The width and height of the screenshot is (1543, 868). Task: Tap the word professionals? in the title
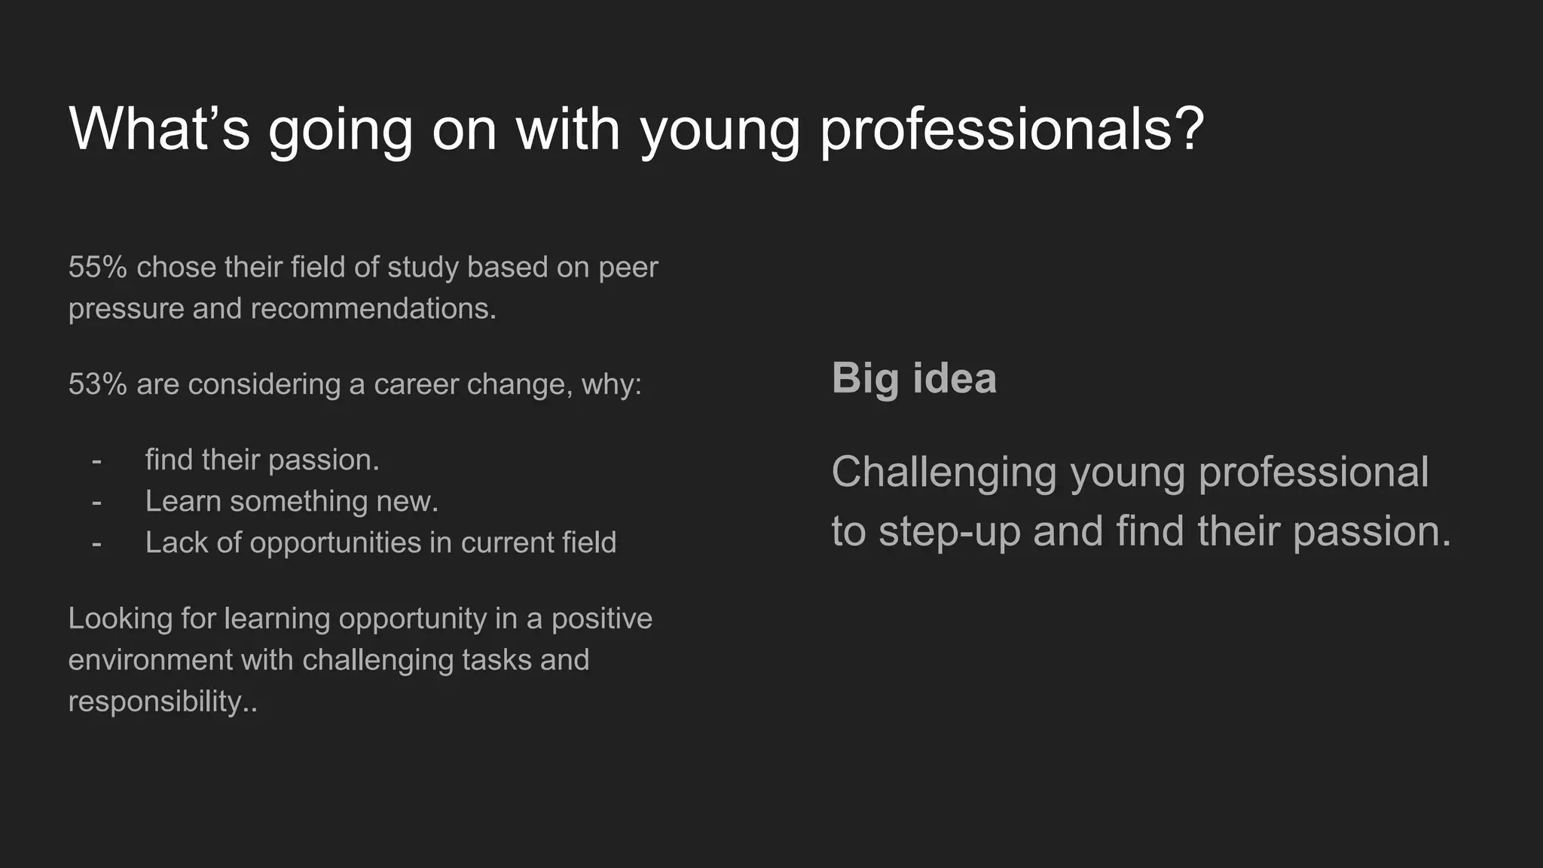tap(1012, 130)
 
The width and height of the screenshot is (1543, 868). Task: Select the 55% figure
tap(97, 267)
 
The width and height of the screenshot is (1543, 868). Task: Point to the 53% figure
tap(97, 384)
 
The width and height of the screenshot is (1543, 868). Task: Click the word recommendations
tap(374, 309)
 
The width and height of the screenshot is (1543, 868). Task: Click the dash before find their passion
tap(96, 460)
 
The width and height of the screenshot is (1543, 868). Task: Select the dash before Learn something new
tap(96, 502)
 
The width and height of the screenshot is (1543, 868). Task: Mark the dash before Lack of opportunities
tap(96, 543)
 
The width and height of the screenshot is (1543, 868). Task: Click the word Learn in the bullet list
tap(183, 502)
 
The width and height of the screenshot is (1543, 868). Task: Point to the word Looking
tap(121, 619)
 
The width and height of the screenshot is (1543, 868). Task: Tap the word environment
tap(151, 661)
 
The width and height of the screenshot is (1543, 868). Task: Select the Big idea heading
tap(914, 378)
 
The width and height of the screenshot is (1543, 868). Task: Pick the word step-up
tap(949, 532)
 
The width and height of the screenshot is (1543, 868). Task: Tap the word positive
tap(602, 619)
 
